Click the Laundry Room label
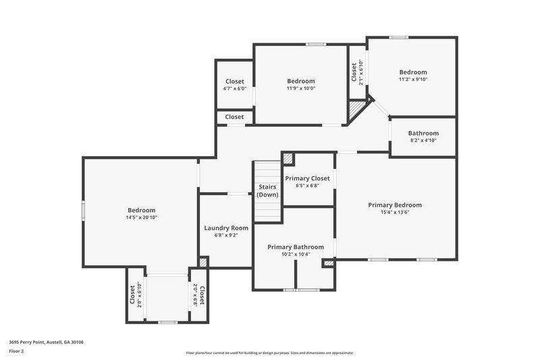[x=226, y=228]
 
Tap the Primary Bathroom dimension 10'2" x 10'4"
[x=295, y=254]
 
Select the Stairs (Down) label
[x=267, y=190]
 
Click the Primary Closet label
[x=307, y=178]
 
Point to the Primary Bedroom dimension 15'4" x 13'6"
[x=395, y=212]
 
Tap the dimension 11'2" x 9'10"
[x=412, y=79]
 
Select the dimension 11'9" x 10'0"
[x=300, y=88]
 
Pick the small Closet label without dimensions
[x=234, y=117]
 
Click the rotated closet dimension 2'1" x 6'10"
[x=361, y=72]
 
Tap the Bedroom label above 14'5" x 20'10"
[x=142, y=210]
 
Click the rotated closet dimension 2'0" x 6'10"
[x=140, y=294]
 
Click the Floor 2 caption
[x=16, y=351]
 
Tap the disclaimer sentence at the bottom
[x=270, y=353]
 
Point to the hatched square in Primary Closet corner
[x=288, y=159]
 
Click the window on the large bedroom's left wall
[x=84, y=210]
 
